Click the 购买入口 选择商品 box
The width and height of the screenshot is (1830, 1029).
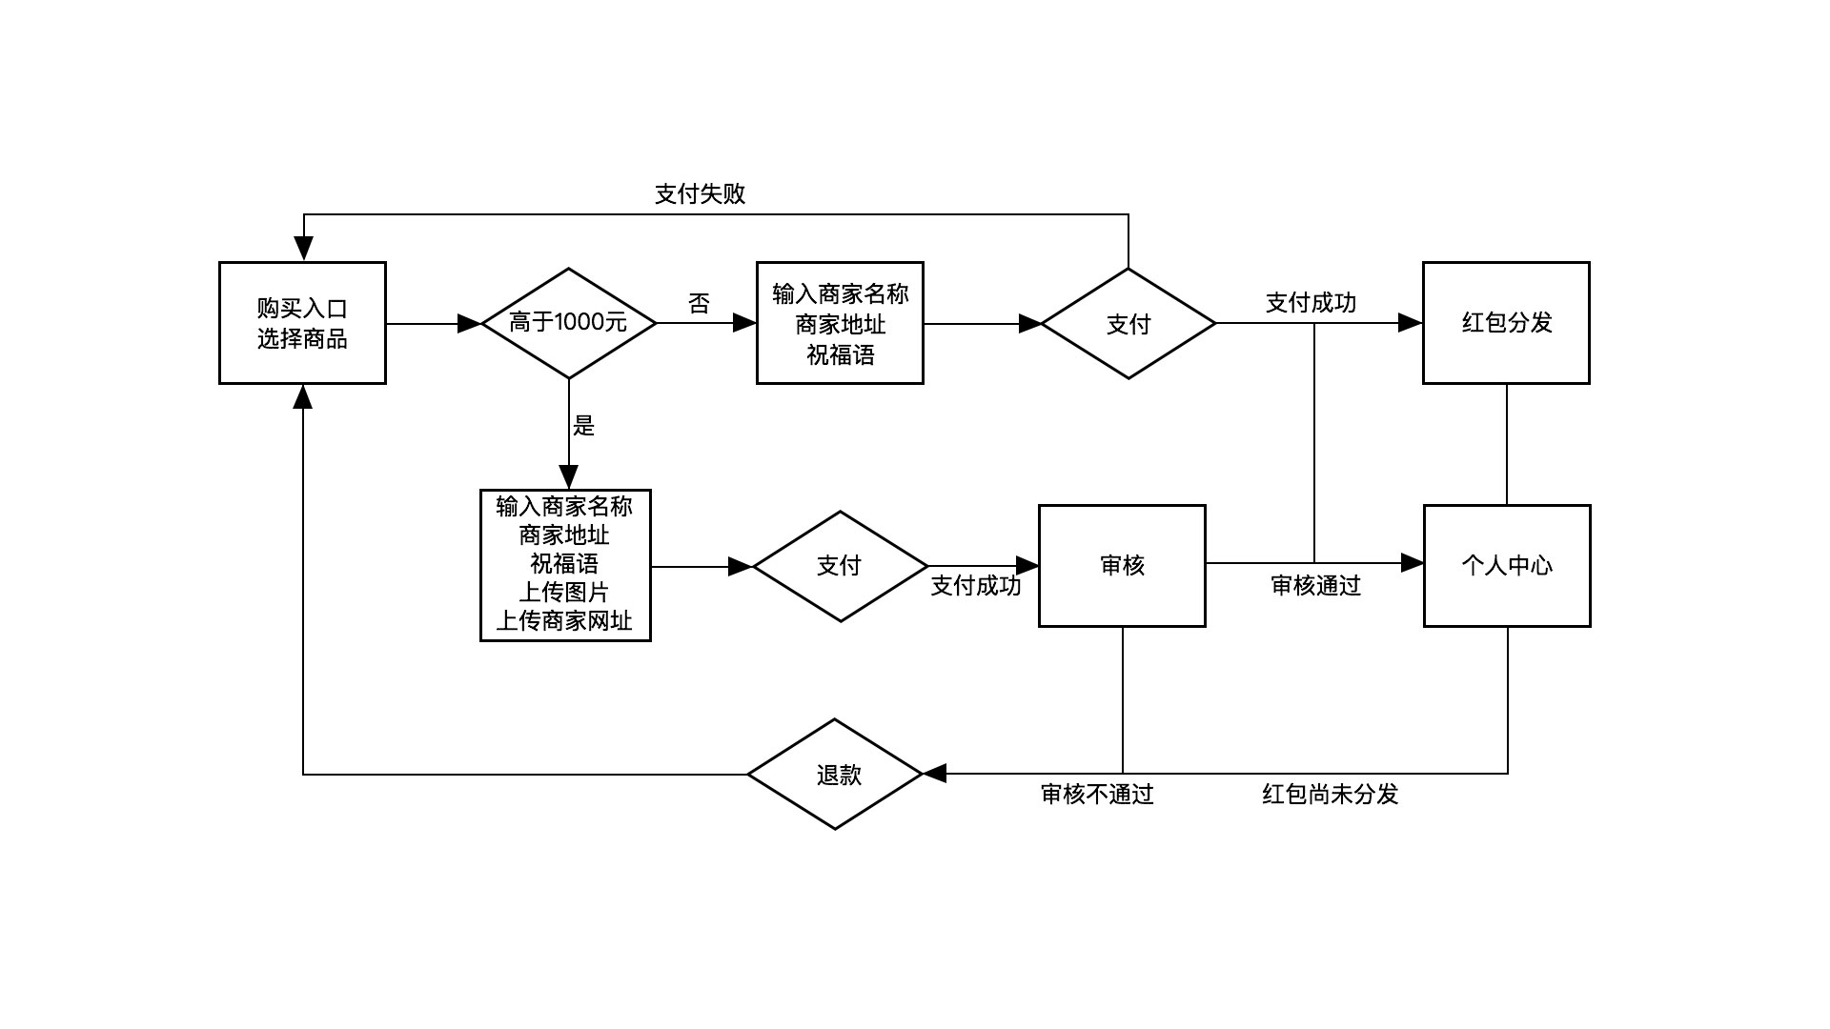(302, 323)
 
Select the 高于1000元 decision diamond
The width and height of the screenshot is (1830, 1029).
(569, 323)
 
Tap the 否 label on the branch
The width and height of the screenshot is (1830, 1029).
(699, 304)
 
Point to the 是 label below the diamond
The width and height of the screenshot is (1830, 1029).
(583, 426)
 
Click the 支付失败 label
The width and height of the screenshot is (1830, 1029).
(700, 194)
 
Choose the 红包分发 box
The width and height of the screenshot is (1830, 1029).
(1506, 323)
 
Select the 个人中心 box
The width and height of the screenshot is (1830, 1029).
(1507, 566)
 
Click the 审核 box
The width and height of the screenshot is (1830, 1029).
(1122, 566)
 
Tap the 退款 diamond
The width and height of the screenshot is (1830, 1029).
(836, 775)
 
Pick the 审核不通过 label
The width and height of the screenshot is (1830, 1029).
(1096, 795)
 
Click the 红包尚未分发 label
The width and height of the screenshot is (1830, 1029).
(1330, 795)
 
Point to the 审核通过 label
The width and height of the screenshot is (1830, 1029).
(1315, 586)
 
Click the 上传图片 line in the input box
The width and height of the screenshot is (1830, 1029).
(564, 593)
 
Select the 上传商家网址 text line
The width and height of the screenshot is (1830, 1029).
(564, 621)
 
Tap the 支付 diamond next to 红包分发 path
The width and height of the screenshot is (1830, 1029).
(1128, 324)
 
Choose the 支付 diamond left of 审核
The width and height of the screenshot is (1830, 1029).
(840, 566)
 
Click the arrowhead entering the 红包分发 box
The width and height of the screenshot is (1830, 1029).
(1411, 323)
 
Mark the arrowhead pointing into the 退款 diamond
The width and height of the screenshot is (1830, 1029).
(935, 774)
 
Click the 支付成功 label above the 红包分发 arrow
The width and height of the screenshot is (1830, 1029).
(1311, 303)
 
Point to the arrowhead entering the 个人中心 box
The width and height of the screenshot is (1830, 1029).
(1412, 563)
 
